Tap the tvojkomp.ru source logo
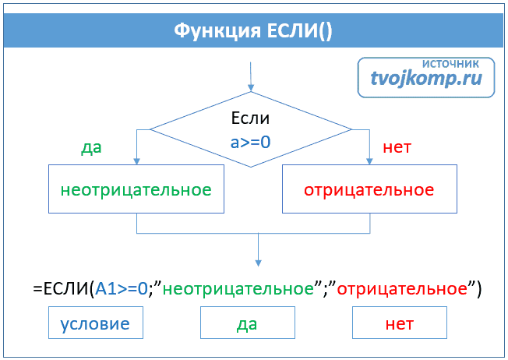[x=426, y=79]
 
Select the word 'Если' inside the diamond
[x=251, y=118]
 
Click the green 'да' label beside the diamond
[x=92, y=147]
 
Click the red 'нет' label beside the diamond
[x=397, y=147]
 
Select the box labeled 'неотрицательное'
[x=136, y=189]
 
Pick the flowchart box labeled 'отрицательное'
[x=369, y=189]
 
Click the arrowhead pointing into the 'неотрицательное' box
[x=137, y=161]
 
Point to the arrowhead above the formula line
[x=258, y=263]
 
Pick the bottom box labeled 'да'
[x=248, y=323]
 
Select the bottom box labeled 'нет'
[x=400, y=323]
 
